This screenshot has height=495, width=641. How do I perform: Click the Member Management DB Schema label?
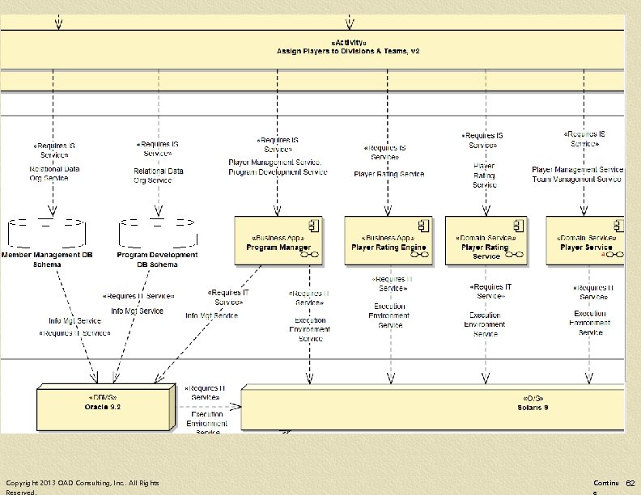[x=47, y=260]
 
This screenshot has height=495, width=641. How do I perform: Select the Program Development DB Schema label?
[x=157, y=260]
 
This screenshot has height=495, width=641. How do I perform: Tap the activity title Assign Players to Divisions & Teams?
[x=348, y=51]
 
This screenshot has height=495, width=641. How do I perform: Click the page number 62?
[x=630, y=483]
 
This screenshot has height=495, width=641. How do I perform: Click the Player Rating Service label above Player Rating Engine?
[x=388, y=174]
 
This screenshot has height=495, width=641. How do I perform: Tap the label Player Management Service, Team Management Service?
[x=577, y=174]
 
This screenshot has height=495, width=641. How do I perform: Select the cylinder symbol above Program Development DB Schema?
[x=157, y=232]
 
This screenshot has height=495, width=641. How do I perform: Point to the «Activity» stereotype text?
[x=348, y=41]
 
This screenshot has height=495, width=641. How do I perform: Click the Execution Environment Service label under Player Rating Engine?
[x=390, y=315]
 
